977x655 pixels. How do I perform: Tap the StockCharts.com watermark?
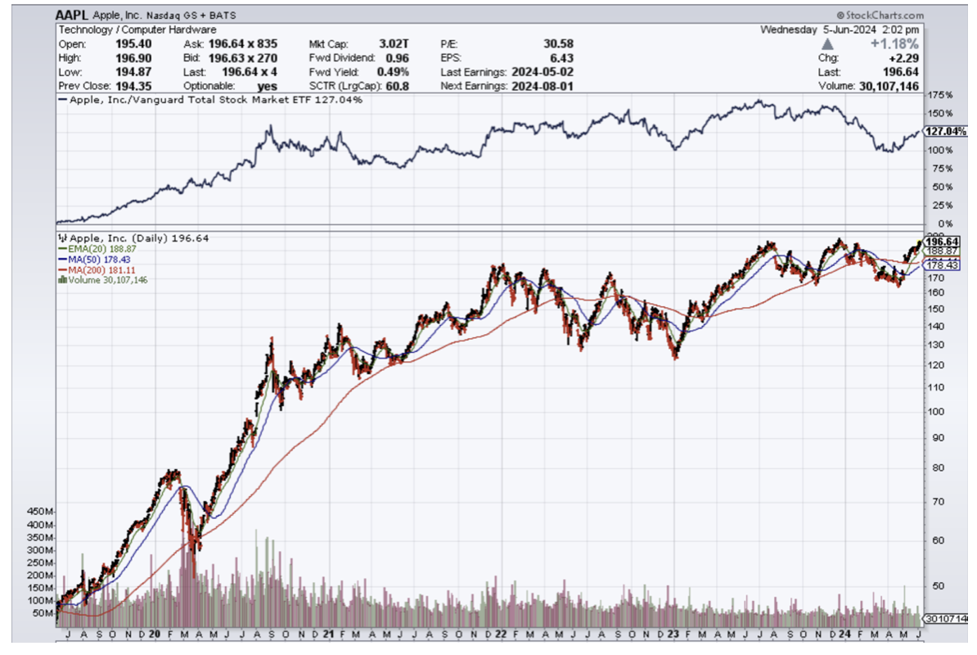pyautogui.click(x=880, y=16)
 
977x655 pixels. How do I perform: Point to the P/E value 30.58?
pyautogui.click(x=557, y=44)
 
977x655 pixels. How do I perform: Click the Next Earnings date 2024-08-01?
pyautogui.click(x=542, y=86)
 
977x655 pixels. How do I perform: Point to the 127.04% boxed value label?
pyautogui.click(x=945, y=132)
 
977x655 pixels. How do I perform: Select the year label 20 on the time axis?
pyautogui.click(x=155, y=634)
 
